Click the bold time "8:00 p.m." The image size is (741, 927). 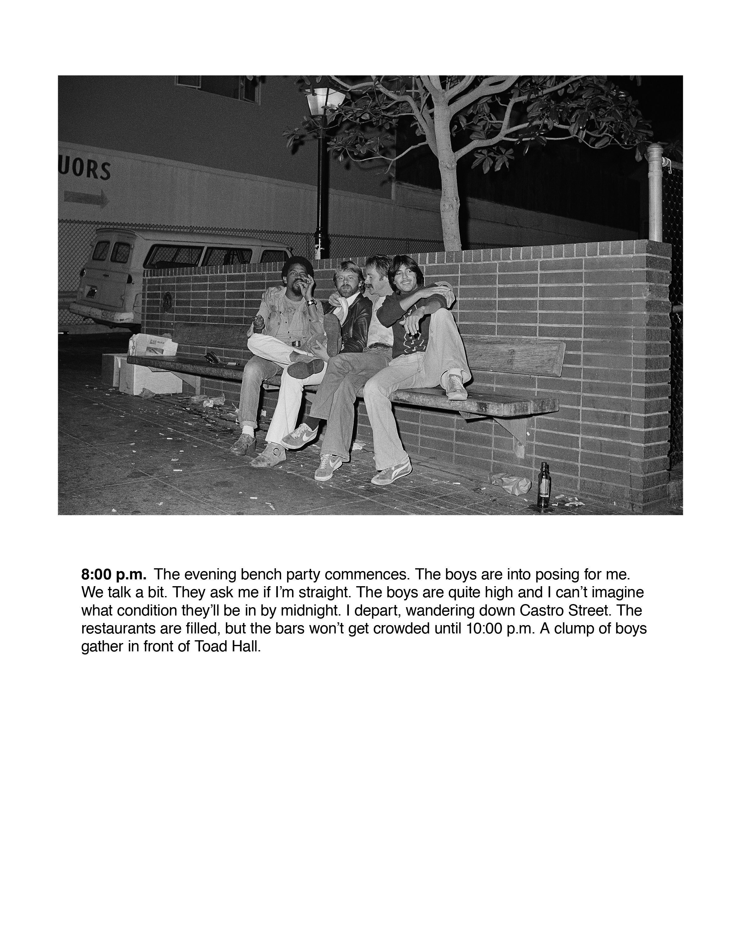[x=114, y=574]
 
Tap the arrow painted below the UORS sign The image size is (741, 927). [x=86, y=198]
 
